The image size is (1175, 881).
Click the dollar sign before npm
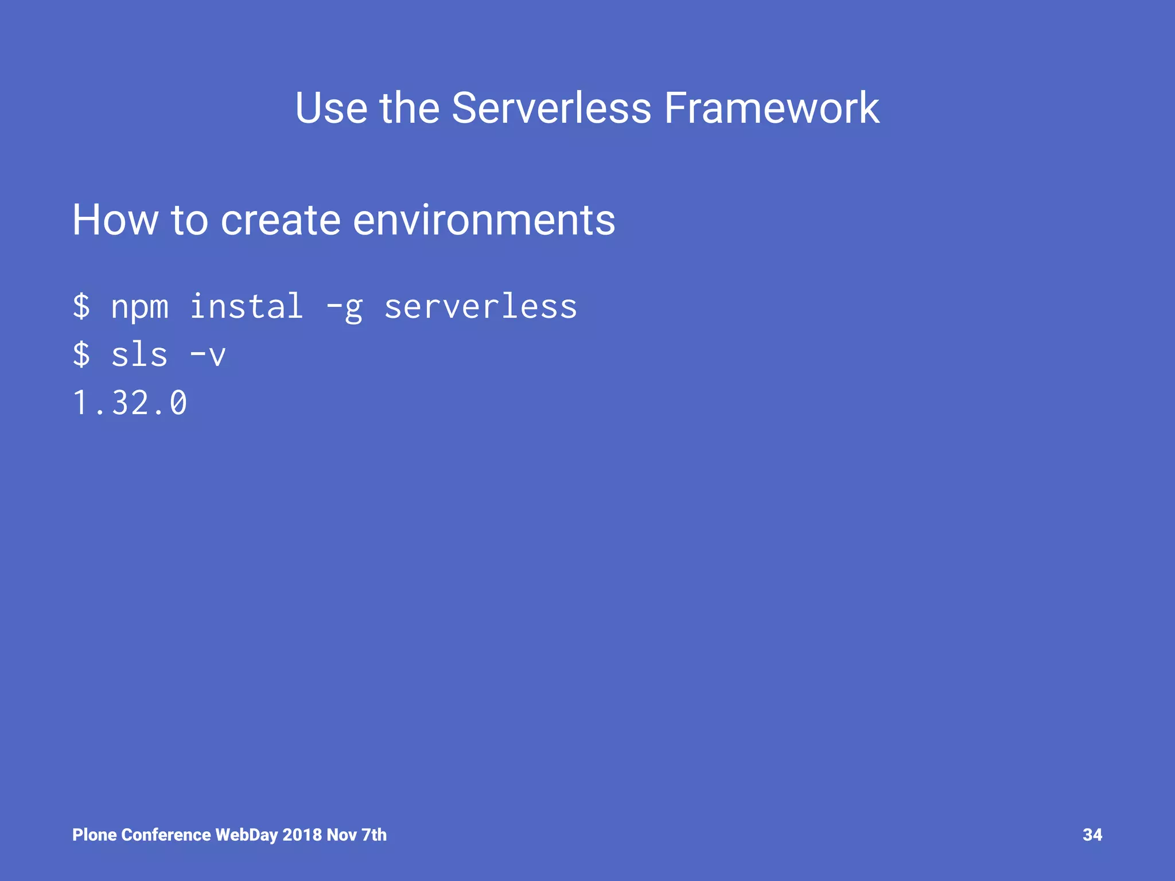pyautogui.click(x=81, y=306)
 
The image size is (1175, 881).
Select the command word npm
pyautogui.click(x=139, y=307)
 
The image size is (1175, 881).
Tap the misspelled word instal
pyautogui.click(x=246, y=306)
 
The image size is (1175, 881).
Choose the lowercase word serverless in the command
pyautogui.click(x=480, y=307)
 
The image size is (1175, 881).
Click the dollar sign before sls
pyautogui.click(x=81, y=354)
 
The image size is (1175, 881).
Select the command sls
pyautogui.click(x=139, y=354)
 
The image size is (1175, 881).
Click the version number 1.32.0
pyautogui.click(x=130, y=403)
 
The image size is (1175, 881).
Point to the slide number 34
pyautogui.click(x=1092, y=835)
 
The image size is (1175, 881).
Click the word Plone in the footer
pyautogui.click(x=95, y=835)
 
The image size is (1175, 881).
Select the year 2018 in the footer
pyautogui.click(x=302, y=835)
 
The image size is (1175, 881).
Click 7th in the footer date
pyautogui.click(x=374, y=835)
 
